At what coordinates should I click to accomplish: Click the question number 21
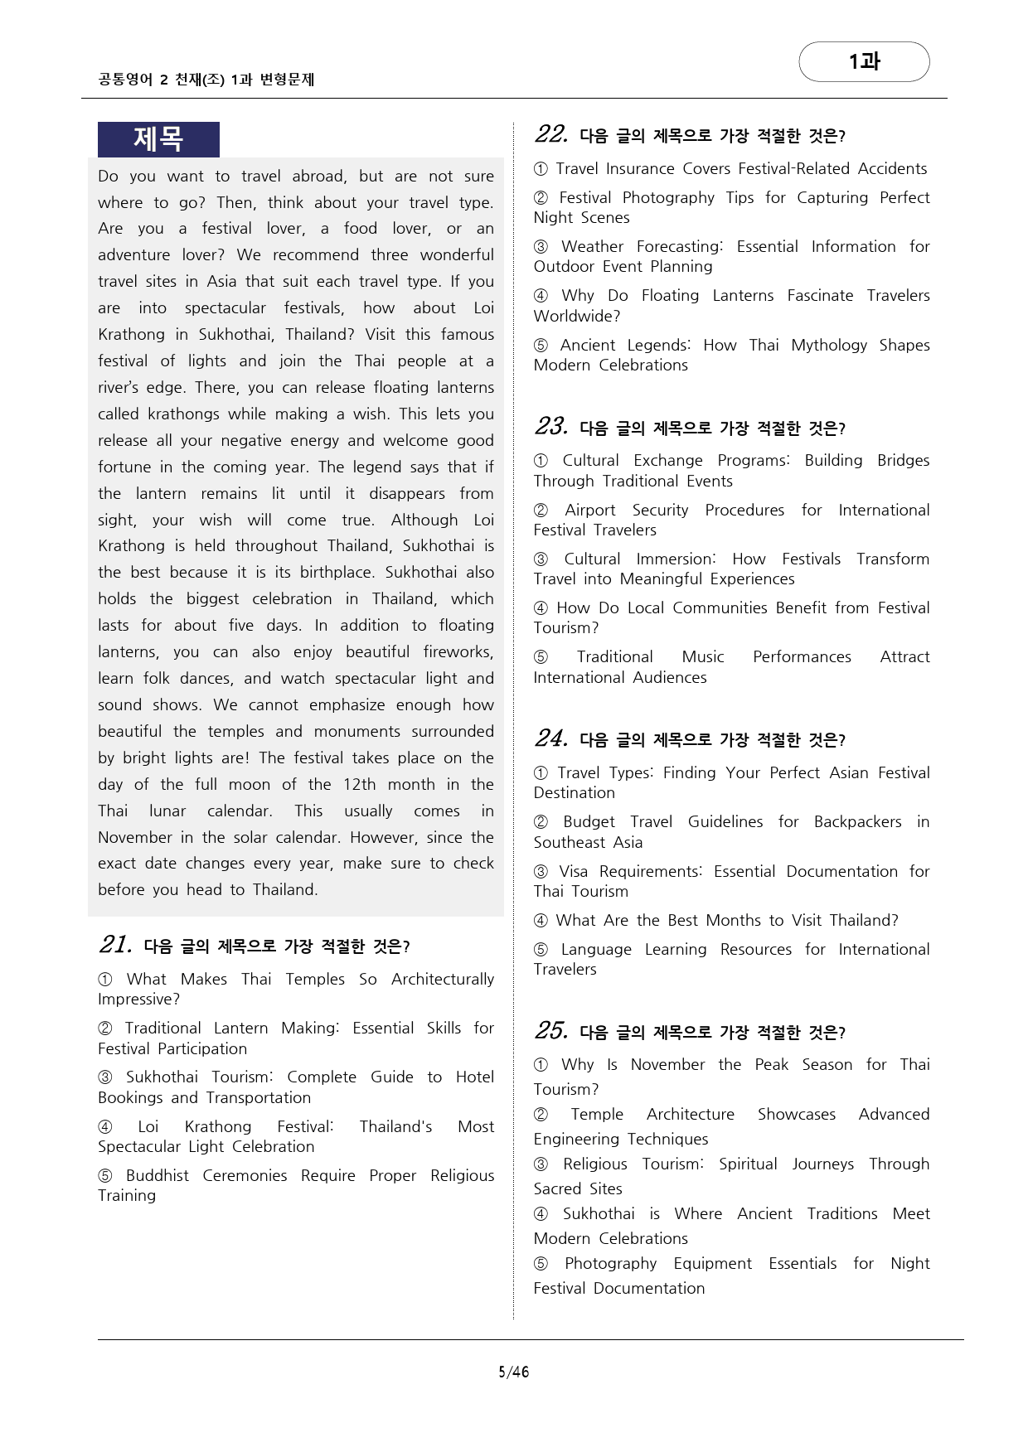(114, 945)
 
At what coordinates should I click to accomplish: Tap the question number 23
(550, 427)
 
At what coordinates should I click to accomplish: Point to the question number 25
(550, 1031)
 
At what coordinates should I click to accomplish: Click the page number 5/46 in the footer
(513, 1372)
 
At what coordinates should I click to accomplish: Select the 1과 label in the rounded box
(864, 61)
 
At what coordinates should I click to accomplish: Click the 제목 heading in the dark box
(158, 139)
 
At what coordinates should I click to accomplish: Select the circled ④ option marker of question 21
(105, 1127)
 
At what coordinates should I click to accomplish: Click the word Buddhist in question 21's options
(158, 1176)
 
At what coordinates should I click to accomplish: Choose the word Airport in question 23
(590, 511)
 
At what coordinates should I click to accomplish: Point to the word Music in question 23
(703, 657)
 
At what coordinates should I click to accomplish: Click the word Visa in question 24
(573, 872)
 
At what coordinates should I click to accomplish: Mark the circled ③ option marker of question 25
(541, 1164)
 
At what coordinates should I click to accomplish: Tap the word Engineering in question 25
(579, 1140)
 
